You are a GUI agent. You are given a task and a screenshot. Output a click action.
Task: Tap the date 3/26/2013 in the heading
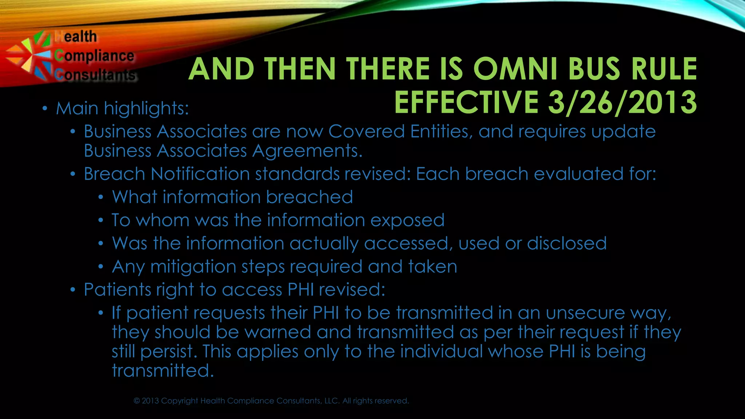pyautogui.click(x=622, y=103)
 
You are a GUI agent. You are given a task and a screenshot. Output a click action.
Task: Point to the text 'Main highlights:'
pyautogui.click(x=122, y=108)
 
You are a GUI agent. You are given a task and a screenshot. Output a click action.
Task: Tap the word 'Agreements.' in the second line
pyautogui.click(x=307, y=151)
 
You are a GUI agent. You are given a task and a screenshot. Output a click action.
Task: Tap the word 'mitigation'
pyautogui.click(x=193, y=267)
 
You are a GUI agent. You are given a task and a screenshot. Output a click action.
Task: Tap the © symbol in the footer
pyautogui.click(x=137, y=401)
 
